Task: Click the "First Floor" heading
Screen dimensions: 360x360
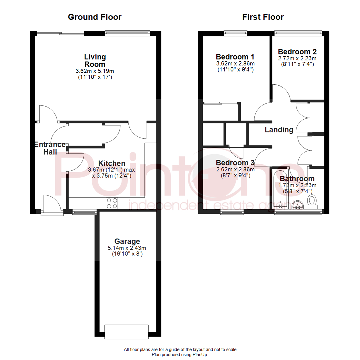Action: [x=263, y=17]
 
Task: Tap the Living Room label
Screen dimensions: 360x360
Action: [x=95, y=60]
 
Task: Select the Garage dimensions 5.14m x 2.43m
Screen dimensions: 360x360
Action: [x=127, y=248]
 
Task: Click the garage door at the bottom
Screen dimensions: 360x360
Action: [x=127, y=331]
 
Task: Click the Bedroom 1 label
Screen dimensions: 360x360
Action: [x=232, y=56]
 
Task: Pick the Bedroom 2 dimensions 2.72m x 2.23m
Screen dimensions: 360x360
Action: [x=297, y=58]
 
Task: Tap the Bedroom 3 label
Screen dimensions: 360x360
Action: [x=235, y=163]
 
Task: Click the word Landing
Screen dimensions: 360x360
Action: [x=279, y=130]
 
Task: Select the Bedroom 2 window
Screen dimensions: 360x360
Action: [x=298, y=33]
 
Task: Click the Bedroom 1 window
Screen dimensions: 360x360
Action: [x=235, y=33]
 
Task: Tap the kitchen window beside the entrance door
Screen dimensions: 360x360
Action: [x=85, y=211]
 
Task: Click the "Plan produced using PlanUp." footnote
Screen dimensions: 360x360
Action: [x=180, y=355]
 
